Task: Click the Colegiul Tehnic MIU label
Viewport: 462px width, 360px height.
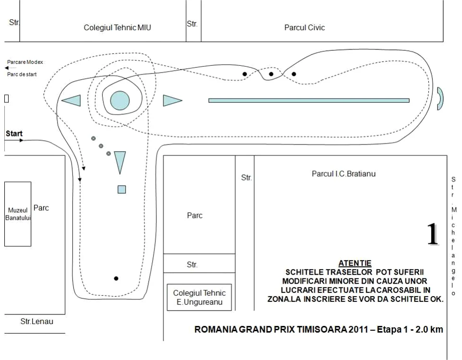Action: tap(117, 28)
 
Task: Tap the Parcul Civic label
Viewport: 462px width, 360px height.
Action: tap(304, 28)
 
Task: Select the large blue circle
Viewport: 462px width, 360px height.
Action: tap(120, 100)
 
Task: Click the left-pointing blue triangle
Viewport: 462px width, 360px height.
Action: tap(71, 100)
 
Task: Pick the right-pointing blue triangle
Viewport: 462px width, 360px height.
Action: tap(173, 100)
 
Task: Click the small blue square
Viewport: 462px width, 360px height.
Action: tap(122, 189)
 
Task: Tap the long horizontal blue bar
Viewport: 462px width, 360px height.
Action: tap(309, 100)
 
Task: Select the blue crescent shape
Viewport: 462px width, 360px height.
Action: tap(441, 98)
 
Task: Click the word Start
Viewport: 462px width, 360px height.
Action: tap(14, 133)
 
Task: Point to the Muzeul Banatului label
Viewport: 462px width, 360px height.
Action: tap(18, 214)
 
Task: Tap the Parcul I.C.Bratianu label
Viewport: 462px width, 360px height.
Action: tap(344, 174)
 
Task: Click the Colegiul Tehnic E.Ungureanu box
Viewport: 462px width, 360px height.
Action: tap(199, 297)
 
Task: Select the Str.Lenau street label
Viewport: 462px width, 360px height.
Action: tap(37, 322)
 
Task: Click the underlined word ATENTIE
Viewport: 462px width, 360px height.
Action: tap(355, 263)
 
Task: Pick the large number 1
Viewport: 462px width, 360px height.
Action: tap(433, 234)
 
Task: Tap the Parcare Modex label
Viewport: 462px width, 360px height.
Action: tap(25, 62)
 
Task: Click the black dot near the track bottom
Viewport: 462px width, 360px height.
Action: tap(116, 278)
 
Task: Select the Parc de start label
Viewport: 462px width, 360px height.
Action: tap(22, 74)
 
